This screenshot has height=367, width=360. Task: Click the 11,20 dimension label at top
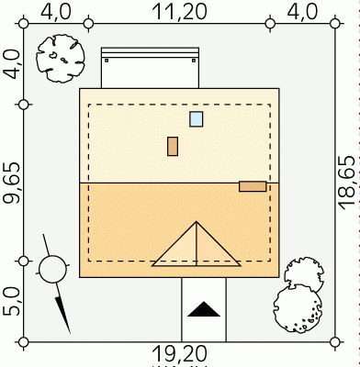click(180, 12)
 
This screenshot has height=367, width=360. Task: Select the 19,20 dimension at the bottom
click(180, 354)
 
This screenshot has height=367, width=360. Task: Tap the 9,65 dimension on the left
click(12, 183)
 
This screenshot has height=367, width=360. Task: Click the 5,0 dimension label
click(12, 302)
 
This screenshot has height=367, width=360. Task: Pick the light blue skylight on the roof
click(196, 119)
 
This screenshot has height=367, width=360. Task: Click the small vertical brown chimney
click(173, 146)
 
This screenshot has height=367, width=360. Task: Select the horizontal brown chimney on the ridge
click(253, 186)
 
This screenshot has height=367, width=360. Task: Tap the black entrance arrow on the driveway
click(204, 309)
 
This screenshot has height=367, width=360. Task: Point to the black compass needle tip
click(70, 333)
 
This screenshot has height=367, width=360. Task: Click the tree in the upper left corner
click(61, 59)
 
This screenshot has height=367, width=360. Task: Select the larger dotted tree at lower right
click(297, 308)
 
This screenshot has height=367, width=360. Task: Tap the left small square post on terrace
click(107, 61)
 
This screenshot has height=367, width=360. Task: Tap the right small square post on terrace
click(194, 61)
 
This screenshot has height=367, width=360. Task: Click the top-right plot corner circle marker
click(335, 23)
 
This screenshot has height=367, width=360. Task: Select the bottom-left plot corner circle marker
click(24, 341)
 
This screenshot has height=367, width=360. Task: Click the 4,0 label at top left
click(56, 12)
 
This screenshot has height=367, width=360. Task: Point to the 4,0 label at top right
click(302, 12)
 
